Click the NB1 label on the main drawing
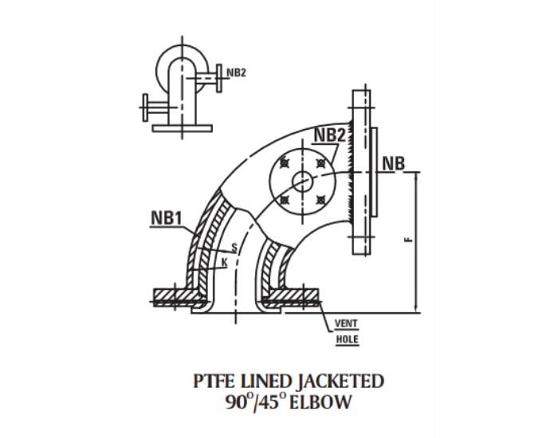click(166, 217)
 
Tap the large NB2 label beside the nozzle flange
click(329, 135)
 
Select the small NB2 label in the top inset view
click(236, 72)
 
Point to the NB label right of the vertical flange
click(394, 163)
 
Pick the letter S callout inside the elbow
click(234, 248)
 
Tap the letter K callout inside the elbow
click(225, 263)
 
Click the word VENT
click(346, 323)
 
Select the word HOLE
click(347, 339)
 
